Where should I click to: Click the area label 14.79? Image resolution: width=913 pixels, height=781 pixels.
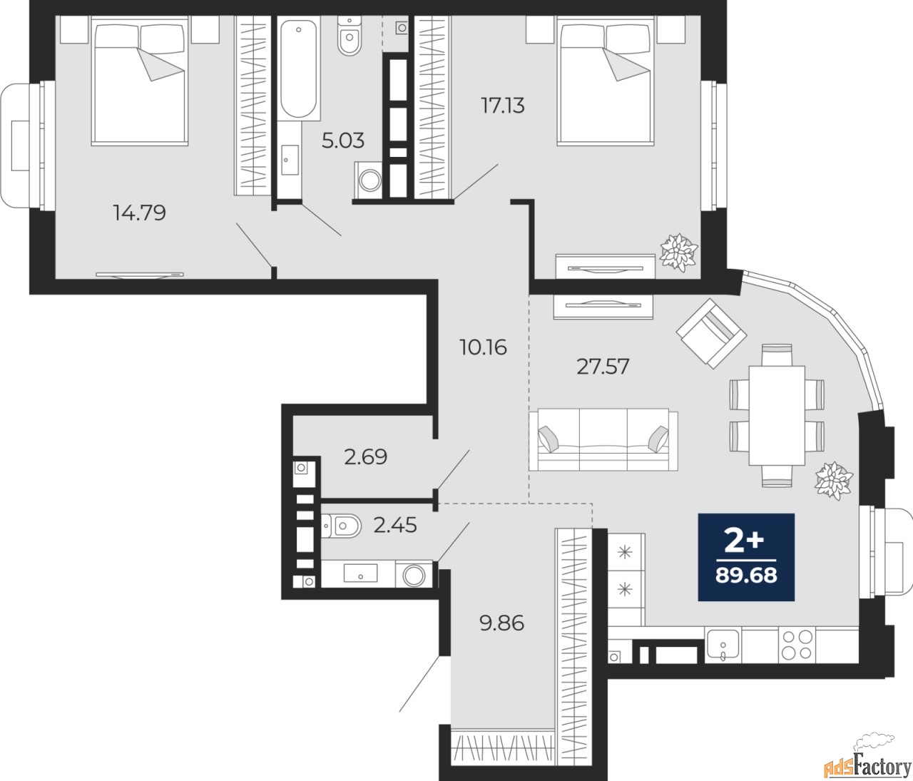(140, 212)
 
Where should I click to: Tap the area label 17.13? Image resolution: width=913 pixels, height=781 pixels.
(502, 106)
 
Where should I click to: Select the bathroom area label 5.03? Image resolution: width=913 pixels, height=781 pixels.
(342, 141)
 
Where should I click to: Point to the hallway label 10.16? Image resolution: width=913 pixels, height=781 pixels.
(483, 347)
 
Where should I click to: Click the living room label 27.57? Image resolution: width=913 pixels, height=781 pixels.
(603, 367)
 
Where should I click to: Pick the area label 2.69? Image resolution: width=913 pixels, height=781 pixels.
(365, 456)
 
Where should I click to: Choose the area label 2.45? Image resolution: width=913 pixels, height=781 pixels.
(395, 526)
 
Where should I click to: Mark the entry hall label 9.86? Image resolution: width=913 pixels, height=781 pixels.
(501, 623)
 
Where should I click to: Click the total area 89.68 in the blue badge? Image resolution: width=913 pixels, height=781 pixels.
(746, 575)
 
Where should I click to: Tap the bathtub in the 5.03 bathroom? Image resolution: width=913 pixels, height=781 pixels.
(298, 70)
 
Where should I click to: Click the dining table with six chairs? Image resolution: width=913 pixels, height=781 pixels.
(776, 415)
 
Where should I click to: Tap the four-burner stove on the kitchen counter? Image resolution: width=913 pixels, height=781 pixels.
(796, 645)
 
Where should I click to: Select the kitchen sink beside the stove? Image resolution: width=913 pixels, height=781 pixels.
(723, 645)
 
